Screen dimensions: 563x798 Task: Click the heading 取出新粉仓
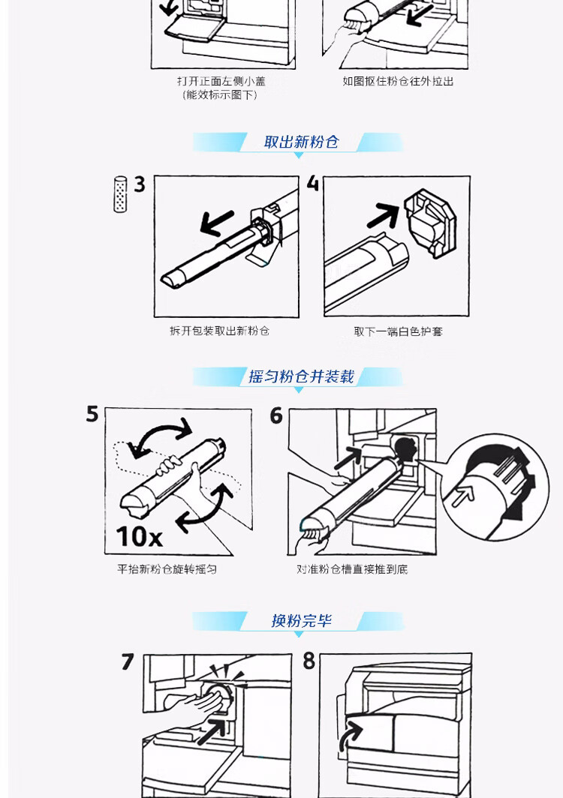301,142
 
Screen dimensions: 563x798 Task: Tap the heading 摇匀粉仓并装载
301,376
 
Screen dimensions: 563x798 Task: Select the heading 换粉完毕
302,621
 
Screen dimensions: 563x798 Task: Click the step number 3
140,184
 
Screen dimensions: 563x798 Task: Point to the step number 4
313,183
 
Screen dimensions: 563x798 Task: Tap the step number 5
92,414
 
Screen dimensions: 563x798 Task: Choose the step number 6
276,415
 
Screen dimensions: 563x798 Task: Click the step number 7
128,661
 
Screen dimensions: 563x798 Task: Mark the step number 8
309,661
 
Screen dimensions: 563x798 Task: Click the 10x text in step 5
139,536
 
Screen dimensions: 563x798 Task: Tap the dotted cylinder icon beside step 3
120,194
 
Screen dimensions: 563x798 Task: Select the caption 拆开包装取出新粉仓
220,331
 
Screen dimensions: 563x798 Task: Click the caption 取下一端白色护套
399,331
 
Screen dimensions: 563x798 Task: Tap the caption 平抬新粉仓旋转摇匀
167,569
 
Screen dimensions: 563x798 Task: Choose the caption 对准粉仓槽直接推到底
352,569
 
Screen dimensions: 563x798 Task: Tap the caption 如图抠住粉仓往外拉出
398,82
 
